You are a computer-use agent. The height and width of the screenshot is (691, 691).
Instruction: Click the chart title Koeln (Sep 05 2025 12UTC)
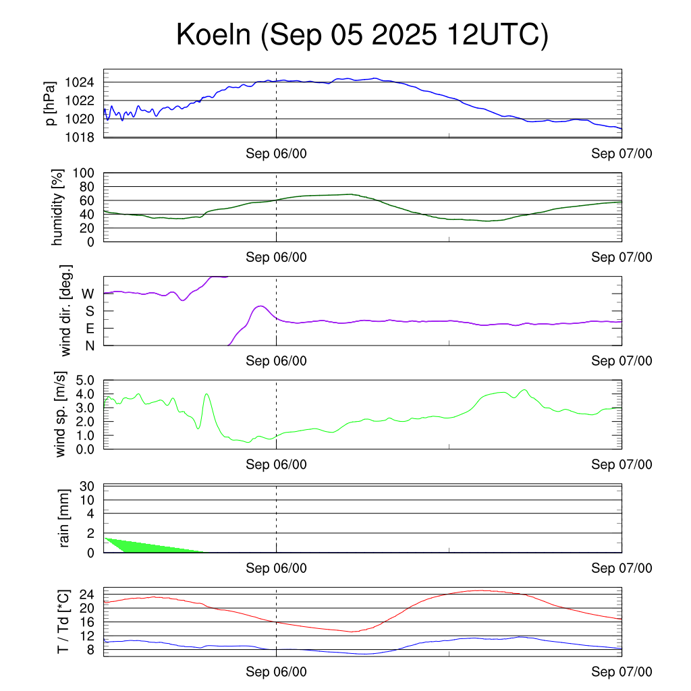pos(362,35)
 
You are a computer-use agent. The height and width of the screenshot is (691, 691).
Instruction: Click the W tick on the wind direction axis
pos(88,294)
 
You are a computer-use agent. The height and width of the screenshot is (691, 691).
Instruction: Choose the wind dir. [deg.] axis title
pos(66,310)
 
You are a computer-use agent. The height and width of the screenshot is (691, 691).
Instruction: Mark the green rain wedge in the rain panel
pos(135,545)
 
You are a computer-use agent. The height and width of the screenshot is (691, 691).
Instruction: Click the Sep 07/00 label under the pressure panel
pos(621,154)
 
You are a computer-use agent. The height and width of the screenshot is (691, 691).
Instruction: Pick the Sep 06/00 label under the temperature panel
pos(276,672)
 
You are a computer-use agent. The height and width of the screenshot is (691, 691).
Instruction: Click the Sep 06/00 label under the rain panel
pos(276,568)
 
